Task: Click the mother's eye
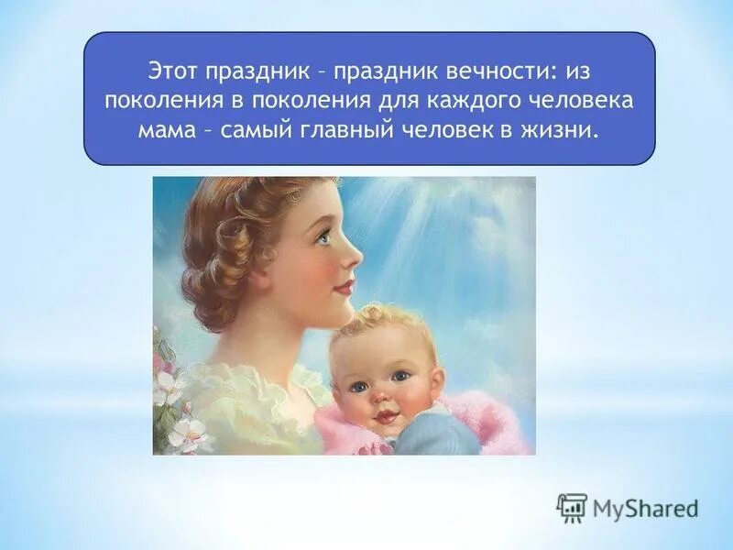point(322,236)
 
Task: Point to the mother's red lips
point(343,288)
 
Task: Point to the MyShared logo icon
point(572,507)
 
